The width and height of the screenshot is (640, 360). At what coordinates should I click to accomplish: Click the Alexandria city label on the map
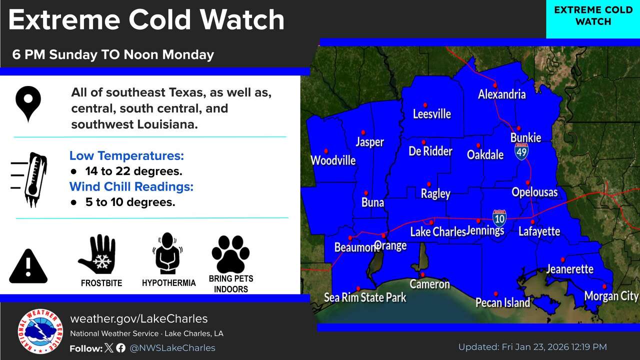[501, 94]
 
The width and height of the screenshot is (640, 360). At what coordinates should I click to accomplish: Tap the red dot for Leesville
[425, 105]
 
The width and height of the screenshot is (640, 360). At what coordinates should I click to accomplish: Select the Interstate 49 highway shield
[521, 150]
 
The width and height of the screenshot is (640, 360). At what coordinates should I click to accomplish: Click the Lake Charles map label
[438, 232]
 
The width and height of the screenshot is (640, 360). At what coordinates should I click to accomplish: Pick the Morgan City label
[611, 296]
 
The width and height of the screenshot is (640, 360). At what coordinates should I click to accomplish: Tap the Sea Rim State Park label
[365, 297]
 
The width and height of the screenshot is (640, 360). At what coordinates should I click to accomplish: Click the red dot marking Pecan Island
[495, 294]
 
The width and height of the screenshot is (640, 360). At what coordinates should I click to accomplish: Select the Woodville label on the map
[333, 160]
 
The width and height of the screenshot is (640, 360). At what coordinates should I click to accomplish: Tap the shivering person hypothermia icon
[168, 253]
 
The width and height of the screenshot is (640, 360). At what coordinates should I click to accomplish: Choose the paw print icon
[230, 254]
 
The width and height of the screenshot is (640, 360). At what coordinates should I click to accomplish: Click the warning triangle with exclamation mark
[28, 266]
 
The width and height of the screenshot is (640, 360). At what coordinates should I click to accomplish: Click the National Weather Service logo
[40, 331]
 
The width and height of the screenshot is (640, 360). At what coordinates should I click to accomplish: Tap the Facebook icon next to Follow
[120, 348]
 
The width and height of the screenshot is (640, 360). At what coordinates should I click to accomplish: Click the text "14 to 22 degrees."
[133, 171]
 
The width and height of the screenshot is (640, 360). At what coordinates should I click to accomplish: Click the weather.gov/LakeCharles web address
[138, 319]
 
